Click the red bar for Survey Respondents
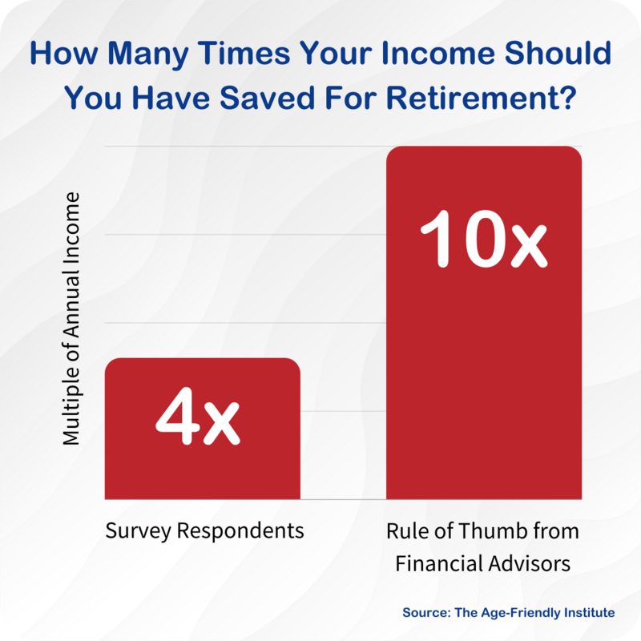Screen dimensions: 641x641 203,429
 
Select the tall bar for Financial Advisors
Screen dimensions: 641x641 484,323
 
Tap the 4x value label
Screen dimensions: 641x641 198,416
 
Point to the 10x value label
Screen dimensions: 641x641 484,239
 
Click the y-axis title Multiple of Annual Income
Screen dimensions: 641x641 71,318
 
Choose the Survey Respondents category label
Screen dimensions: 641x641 204,531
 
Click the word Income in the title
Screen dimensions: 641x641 437,54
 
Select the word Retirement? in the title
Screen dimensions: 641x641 482,98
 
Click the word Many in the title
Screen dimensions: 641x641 148,54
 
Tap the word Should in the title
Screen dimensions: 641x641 558,54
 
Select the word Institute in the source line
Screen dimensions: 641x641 589,612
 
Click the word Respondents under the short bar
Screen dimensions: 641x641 240,531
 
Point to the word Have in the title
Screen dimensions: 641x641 171,98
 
